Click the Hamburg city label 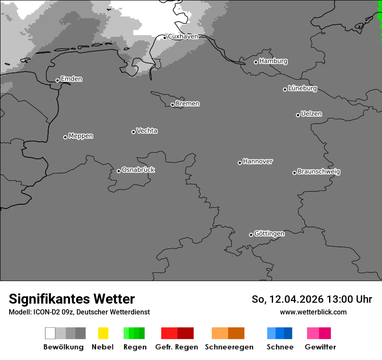[x=273, y=61]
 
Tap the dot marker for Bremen [x=172, y=105]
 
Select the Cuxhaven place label [x=183, y=36]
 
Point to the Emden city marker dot [x=57, y=80]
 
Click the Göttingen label [x=269, y=234]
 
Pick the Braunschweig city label [x=319, y=172]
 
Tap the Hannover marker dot [x=240, y=163]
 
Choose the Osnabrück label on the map [x=138, y=170]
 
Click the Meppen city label [x=81, y=136]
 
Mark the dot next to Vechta [x=133, y=132]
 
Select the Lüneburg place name [x=302, y=88]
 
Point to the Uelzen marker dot [x=298, y=115]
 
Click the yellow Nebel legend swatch [x=103, y=333]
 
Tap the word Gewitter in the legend [x=320, y=347]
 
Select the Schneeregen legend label [x=229, y=347]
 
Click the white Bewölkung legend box [x=50, y=333]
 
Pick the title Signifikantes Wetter [x=72, y=299]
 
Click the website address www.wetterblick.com [x=313, y=312]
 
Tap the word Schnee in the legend [x=280, y=347]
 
